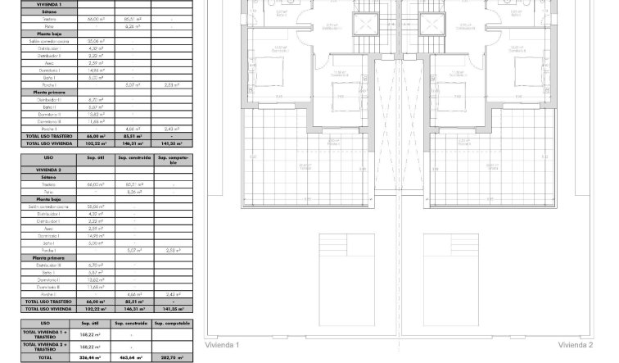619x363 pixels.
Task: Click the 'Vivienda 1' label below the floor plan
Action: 222,346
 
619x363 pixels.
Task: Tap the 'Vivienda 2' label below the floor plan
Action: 576,346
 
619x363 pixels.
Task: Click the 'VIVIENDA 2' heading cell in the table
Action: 48,170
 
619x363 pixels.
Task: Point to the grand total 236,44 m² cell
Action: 89,358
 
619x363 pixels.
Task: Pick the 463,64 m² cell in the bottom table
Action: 131,358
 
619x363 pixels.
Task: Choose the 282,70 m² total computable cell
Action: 172,358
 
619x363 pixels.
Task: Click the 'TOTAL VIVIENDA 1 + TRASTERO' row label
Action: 46,334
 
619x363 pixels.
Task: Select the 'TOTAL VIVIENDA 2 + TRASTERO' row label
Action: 46,347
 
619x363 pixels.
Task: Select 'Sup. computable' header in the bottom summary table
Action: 172,324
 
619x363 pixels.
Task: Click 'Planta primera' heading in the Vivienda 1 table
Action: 48,93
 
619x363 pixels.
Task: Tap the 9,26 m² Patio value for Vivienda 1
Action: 132,26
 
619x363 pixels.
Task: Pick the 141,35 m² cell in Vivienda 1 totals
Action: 172,143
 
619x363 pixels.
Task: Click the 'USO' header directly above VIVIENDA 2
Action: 48,158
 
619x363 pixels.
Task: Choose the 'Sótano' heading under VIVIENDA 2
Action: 48,177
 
